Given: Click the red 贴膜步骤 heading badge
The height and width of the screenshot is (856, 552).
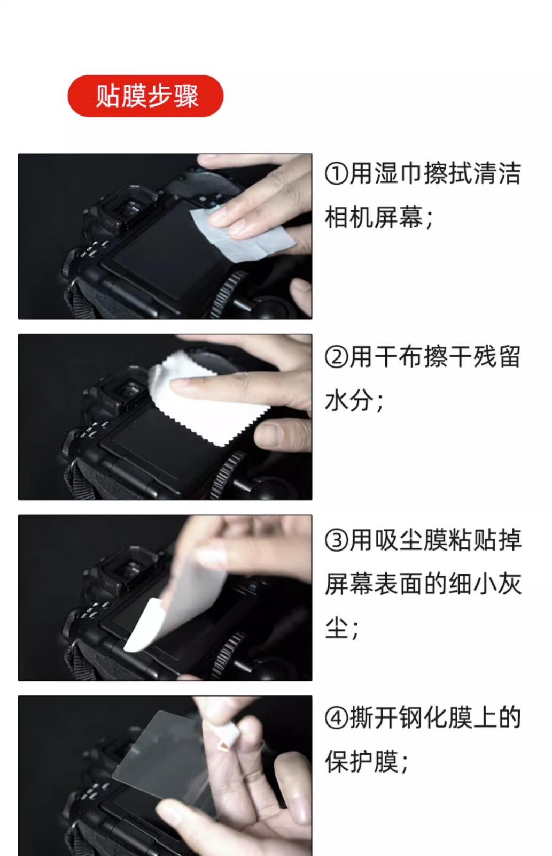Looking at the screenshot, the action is (x=145, y=96).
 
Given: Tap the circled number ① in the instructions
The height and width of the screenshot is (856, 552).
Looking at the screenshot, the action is (x=336, y=174).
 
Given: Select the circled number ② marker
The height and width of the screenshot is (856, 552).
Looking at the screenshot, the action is (x=336, y=357).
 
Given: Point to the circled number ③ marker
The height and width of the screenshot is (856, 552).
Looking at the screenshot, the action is (x=336, y=540).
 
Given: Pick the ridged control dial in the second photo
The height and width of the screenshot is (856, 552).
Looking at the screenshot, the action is (x=227, y=474).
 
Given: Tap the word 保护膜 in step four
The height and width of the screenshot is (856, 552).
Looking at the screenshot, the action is (x=362, y=762).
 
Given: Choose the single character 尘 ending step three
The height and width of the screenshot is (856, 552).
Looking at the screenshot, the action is (x=337, y=628).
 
